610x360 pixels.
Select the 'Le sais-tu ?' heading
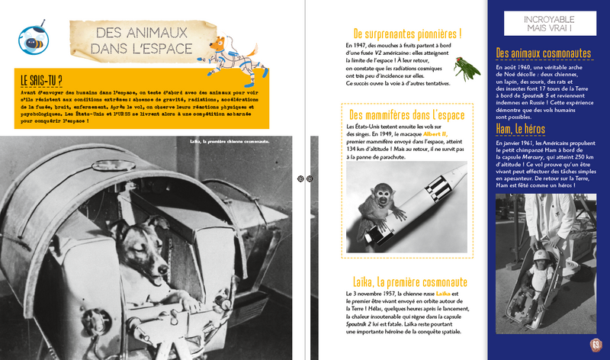pos(42,80)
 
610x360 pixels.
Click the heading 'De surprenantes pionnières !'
pos(408,34)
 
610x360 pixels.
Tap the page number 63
pos(596,344)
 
